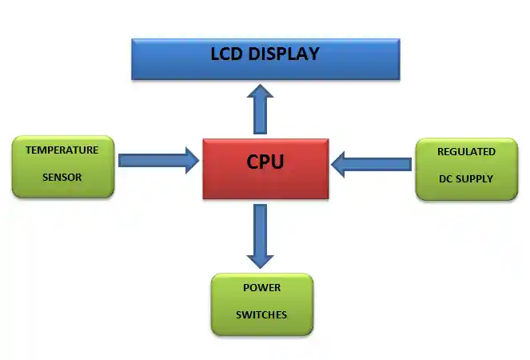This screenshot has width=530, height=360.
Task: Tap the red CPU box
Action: [x=265, y=169]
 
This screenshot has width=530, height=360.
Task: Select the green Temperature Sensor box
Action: [x=63, y=166]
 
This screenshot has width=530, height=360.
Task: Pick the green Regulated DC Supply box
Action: [x=466, y=167]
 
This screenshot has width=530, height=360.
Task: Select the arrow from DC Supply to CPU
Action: [x=371, y=165]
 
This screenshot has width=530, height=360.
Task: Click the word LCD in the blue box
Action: [x=225, y=54]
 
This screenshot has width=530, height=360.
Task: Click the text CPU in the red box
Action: [x=265, y=162]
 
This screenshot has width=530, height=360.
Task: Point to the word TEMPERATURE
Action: [x=62, y=150]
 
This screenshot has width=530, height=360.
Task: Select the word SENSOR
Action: [x=62, y=177]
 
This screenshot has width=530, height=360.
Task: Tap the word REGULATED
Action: [x=466, y=151]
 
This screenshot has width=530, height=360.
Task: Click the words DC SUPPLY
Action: [x=466, y=178]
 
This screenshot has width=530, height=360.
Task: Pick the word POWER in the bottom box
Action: [x=261, y=287]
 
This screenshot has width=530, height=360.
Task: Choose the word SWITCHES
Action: [x=261, y=314]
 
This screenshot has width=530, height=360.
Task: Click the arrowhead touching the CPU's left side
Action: [x=191, y=160]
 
